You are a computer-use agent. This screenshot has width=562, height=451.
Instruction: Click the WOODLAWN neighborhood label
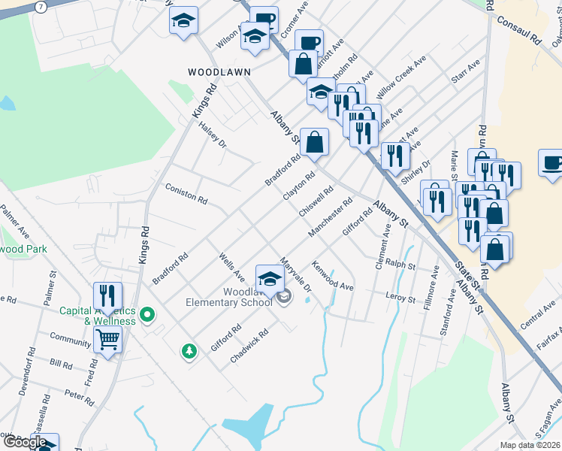point(219,71)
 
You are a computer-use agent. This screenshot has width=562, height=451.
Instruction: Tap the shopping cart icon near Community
point(108,341)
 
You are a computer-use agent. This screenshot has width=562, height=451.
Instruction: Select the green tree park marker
point(189,350)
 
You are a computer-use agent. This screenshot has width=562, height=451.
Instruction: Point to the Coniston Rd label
point(186,194)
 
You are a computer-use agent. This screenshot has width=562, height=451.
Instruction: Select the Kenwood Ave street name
point(333,276)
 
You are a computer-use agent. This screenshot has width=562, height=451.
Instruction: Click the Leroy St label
point(400,298)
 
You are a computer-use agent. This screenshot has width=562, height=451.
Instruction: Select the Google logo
point(25,442)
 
